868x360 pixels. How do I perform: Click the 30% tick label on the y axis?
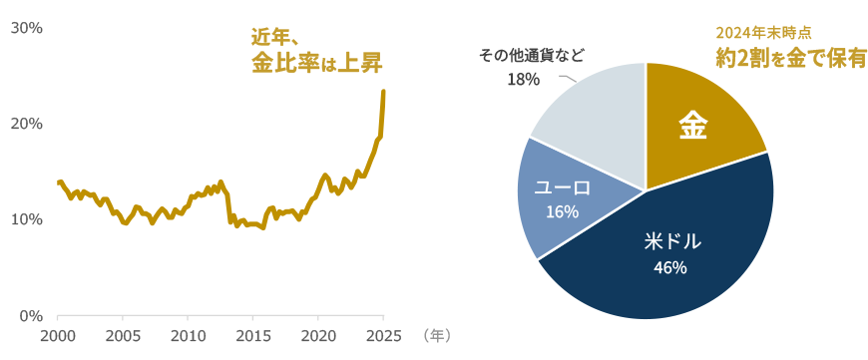26,28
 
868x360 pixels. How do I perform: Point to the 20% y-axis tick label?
26,124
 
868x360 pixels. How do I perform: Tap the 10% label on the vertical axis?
26,219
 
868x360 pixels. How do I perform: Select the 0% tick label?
30,316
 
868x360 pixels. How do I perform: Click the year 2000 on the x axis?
58,335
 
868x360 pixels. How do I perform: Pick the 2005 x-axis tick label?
123,335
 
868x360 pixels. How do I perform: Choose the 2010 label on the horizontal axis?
188,335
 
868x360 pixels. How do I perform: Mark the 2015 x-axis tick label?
253,335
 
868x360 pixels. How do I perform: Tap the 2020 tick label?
318,335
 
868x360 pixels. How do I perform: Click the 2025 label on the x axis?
383,335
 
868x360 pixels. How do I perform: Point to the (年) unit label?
436,335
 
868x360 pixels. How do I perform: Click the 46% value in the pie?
669,267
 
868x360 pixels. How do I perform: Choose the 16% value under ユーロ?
562,211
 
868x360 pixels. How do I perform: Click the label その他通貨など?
532,55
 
